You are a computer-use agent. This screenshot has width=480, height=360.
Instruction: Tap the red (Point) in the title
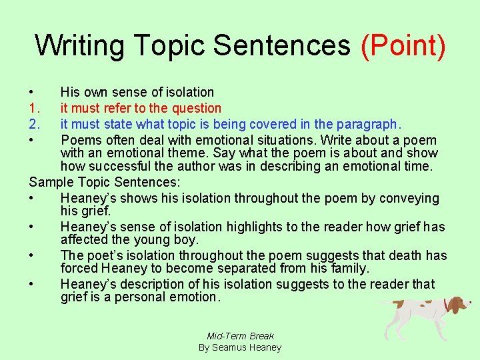coord(403,45)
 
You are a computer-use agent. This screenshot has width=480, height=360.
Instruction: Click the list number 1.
coord(35,108)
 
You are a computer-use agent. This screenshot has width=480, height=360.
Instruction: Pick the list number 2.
coord(35,124)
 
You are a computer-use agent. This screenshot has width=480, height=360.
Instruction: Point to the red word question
coord(196,108)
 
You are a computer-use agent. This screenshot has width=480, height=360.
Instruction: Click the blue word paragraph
coord(367,124)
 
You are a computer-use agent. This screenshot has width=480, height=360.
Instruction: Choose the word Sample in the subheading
coord(51,182)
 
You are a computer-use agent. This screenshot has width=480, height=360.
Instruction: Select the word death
coord(397,255)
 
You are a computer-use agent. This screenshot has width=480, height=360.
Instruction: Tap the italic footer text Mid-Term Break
coord(240,336)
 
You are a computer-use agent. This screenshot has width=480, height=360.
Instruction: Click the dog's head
coord(457,305)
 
